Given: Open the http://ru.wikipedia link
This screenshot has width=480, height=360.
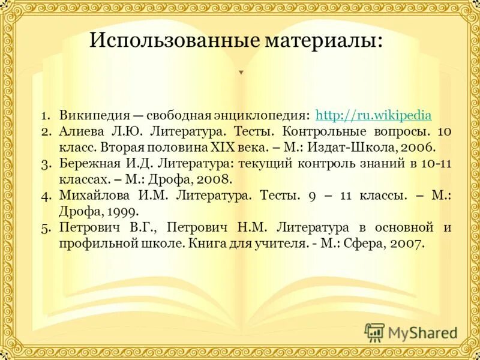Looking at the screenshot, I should [373, 115].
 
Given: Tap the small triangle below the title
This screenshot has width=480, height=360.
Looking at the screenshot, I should [241, 73].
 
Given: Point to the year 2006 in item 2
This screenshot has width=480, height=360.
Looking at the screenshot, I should [418, 147].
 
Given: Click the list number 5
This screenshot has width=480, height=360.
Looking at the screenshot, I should [46, 228].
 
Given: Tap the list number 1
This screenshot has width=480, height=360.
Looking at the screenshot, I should [46, 115].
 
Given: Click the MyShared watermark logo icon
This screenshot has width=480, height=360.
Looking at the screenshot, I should [374, 332].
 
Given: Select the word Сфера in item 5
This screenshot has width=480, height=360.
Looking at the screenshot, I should [369, 244].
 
